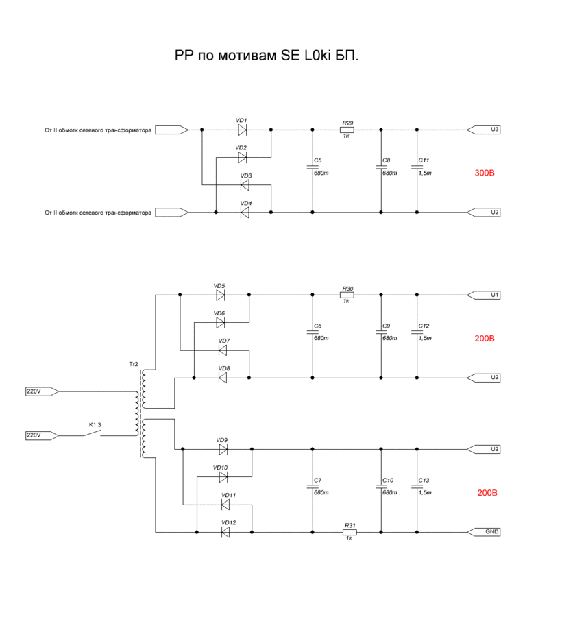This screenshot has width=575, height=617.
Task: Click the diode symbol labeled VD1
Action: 242,130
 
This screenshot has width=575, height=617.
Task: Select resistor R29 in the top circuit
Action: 347,130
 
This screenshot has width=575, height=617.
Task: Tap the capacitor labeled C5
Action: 313,167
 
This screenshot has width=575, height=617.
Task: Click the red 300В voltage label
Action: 484,173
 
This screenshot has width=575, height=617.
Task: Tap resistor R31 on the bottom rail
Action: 350,532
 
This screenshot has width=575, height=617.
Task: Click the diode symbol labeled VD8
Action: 222,378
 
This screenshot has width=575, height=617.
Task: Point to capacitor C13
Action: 415,486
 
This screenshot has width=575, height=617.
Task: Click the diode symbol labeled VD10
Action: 222,476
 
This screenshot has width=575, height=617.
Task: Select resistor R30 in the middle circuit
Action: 347,295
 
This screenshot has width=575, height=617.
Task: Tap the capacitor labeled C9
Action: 381,332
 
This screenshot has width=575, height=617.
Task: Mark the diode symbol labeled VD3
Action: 245,184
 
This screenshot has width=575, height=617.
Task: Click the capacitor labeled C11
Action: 415,167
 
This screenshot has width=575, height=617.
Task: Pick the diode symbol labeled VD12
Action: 225,532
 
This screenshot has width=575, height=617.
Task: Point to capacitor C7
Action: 313,486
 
